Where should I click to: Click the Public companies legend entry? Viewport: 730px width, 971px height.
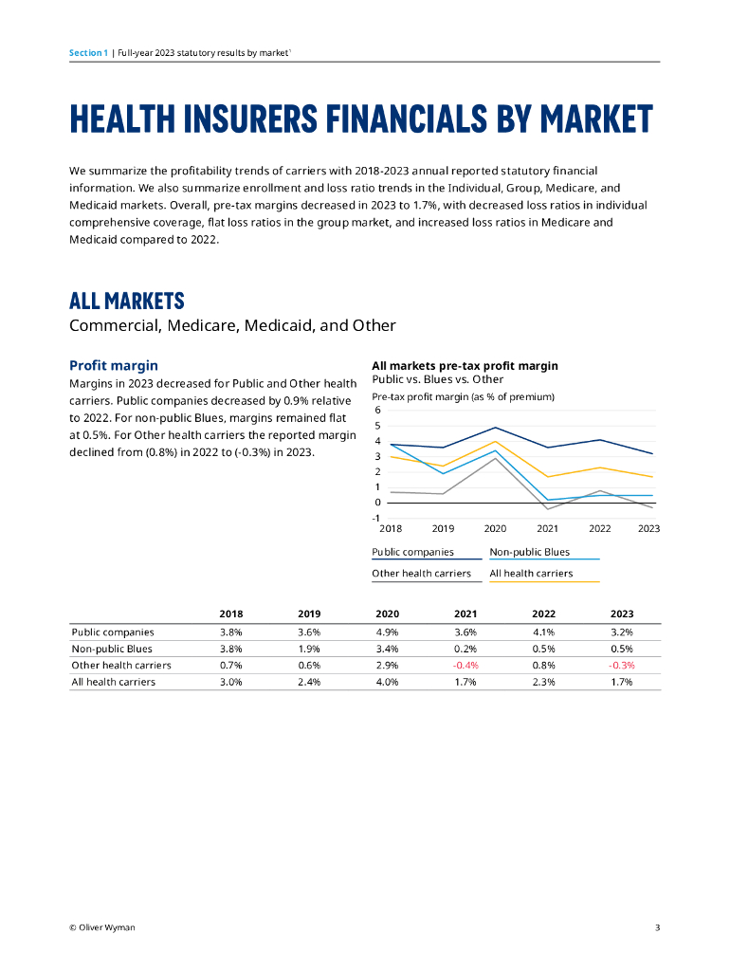[412, 552]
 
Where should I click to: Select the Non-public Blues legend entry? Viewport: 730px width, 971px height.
[529, 552]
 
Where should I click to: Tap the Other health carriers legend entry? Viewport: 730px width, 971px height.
[421, 573]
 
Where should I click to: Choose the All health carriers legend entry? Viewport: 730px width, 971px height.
[531, 573]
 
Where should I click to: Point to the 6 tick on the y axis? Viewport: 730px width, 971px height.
[377, 410]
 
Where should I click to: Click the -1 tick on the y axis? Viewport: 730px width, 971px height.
[376, 518]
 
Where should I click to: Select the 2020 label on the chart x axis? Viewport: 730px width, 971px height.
[495, 528]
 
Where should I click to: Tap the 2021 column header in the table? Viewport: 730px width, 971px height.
[465, 614]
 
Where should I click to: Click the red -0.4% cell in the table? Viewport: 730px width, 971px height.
[465, 665]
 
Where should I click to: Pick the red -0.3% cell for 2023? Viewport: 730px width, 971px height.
[622, 665]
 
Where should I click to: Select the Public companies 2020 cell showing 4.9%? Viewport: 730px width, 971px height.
[387, 632]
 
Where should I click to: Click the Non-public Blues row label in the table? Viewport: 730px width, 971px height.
[112, 649]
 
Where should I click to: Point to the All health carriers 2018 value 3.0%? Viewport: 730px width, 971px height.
[230, 682]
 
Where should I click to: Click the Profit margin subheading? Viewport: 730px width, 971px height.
[114, 365]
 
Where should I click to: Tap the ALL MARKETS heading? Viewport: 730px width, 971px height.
[127, 302]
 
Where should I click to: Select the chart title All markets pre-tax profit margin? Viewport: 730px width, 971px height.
[465, 365]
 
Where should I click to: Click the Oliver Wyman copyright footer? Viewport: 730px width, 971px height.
[102, 927]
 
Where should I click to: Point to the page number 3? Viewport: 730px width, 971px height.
[657, 927]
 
